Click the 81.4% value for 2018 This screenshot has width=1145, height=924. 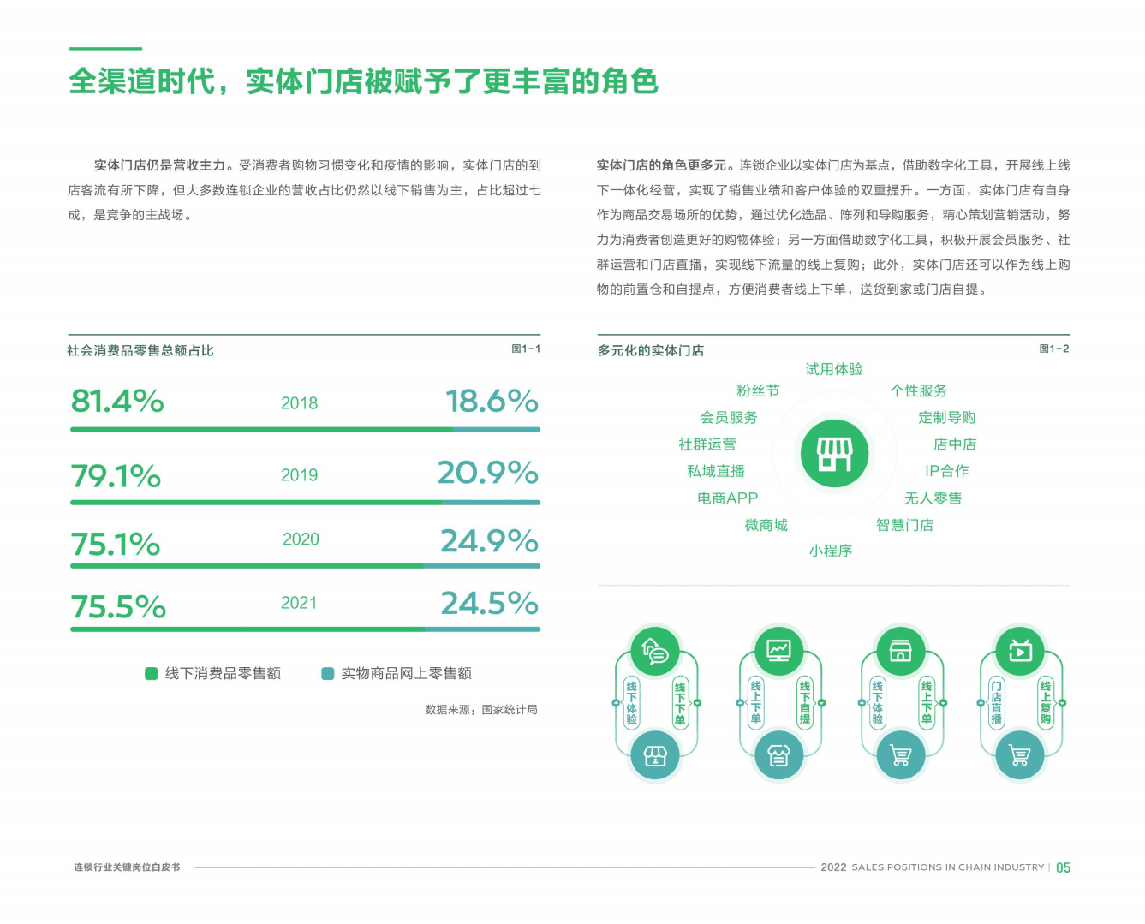117,401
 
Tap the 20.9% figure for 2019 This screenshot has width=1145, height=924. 487,473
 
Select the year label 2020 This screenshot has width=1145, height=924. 301,539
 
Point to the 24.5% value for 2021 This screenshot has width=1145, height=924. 489,604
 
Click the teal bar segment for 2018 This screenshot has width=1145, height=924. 497,429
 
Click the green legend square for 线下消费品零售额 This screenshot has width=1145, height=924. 152,673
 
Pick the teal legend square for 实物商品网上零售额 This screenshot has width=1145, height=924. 327,673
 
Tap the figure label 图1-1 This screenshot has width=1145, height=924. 526,349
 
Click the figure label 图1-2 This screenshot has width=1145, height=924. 1053,349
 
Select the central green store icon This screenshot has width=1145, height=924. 834,454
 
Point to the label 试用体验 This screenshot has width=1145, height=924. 834,369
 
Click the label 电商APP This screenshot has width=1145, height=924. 727,498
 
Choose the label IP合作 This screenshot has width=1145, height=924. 946,471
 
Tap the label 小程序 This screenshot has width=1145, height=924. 831,551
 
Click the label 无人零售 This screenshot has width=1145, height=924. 933,498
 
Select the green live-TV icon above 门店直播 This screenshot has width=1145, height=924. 1020,651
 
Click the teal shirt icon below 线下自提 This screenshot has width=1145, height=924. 778,755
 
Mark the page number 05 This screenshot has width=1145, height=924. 1063,867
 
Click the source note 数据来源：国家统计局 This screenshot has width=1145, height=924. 481,709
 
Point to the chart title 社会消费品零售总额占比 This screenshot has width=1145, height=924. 140,350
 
